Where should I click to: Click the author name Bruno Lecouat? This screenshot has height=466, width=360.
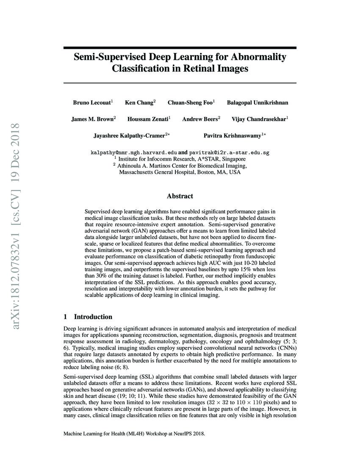91,103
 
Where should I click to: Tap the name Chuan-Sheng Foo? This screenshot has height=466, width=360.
191,103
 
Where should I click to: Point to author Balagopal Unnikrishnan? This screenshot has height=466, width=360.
258,103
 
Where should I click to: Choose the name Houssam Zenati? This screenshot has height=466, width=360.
148,119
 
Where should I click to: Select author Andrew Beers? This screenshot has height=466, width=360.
200,119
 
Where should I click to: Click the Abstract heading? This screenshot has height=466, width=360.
180,196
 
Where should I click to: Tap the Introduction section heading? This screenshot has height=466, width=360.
93,317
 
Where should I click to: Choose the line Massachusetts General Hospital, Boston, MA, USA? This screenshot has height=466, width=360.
180,173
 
